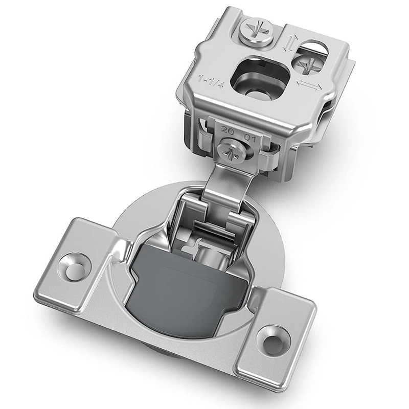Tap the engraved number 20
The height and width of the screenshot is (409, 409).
226,131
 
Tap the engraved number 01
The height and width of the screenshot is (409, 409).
249,137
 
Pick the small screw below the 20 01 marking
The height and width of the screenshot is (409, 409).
232,152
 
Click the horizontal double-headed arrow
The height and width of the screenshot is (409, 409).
309,86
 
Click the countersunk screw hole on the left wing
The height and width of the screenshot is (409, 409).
74,266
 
